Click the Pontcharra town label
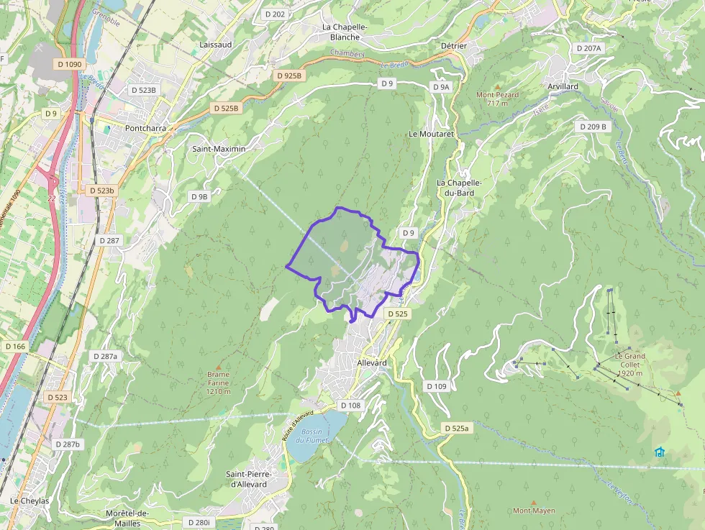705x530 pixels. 145,129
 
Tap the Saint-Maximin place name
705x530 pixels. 219,149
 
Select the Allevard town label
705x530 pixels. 372,363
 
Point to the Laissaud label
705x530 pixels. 216,44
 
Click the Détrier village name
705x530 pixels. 453,46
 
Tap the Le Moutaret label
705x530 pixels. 431,134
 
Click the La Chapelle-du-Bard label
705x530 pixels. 459,188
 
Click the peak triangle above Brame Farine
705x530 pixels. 219,367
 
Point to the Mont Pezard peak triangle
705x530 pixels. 496,86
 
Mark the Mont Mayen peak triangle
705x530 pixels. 533,503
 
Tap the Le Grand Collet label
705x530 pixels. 629,360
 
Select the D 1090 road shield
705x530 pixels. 69,64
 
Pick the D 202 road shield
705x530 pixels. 275,14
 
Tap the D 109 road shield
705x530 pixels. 437,386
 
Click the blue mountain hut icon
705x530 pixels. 660,452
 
